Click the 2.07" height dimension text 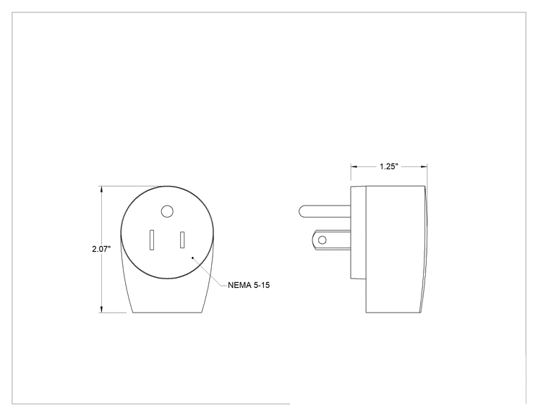click(x=101, y=249)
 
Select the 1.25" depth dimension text click(x=389, y=166)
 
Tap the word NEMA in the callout click(x=239, y=285)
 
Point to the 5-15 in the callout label click(x=262, y=285)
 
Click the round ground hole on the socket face click(x=167, y=211)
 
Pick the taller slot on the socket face click(x=152, y=240)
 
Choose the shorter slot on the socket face click(x=182, y=240)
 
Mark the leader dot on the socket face click(x=193, y=258)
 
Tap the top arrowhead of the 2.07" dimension click(x=101, y=190)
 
